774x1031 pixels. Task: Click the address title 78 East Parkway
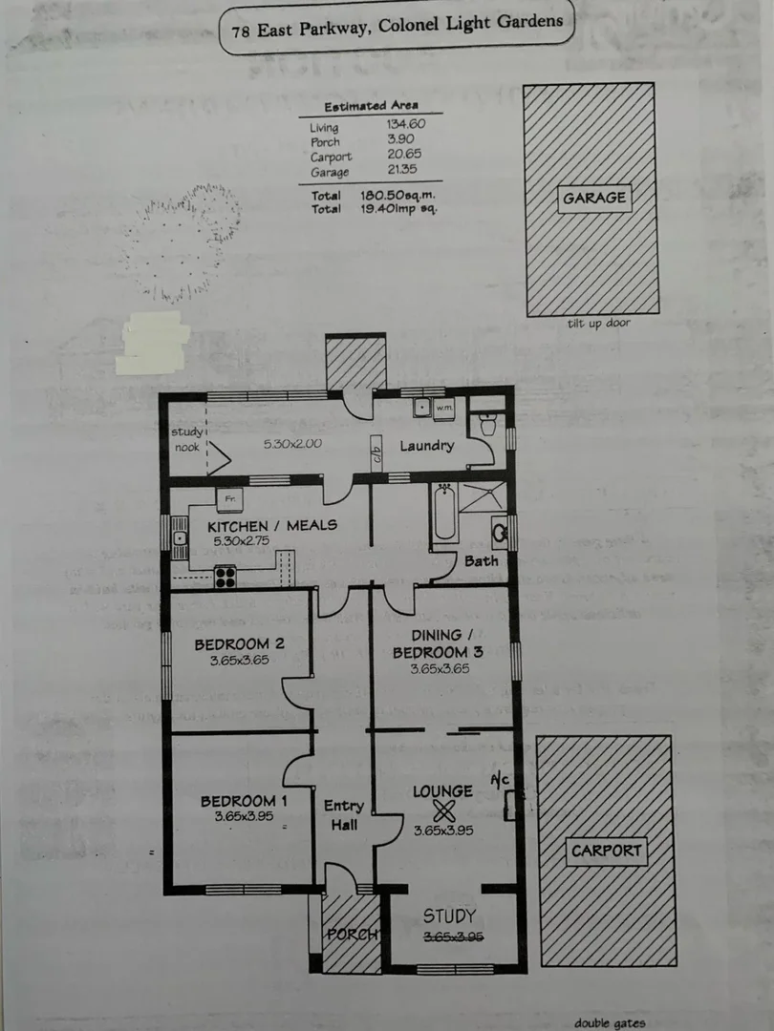coord(397,26)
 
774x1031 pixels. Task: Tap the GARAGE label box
coord(593,199)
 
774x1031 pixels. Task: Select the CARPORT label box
coord(607,851)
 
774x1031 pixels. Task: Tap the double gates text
coord(610,1022)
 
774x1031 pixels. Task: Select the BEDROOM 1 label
coord(243,801)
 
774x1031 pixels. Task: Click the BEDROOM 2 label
coord(239,642)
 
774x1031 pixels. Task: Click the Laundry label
coord(426,446)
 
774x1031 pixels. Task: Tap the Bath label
coord(481,560)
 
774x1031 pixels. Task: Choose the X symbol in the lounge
coord(443,811)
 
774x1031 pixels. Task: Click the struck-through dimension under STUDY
coord(455,937)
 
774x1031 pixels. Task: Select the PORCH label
coord(352,934)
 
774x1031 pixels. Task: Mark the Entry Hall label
coord(344,815)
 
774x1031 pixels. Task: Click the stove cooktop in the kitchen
coord(225,576)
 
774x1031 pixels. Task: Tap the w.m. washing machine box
coord(443,409)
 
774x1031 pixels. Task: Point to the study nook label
coord(187,439)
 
